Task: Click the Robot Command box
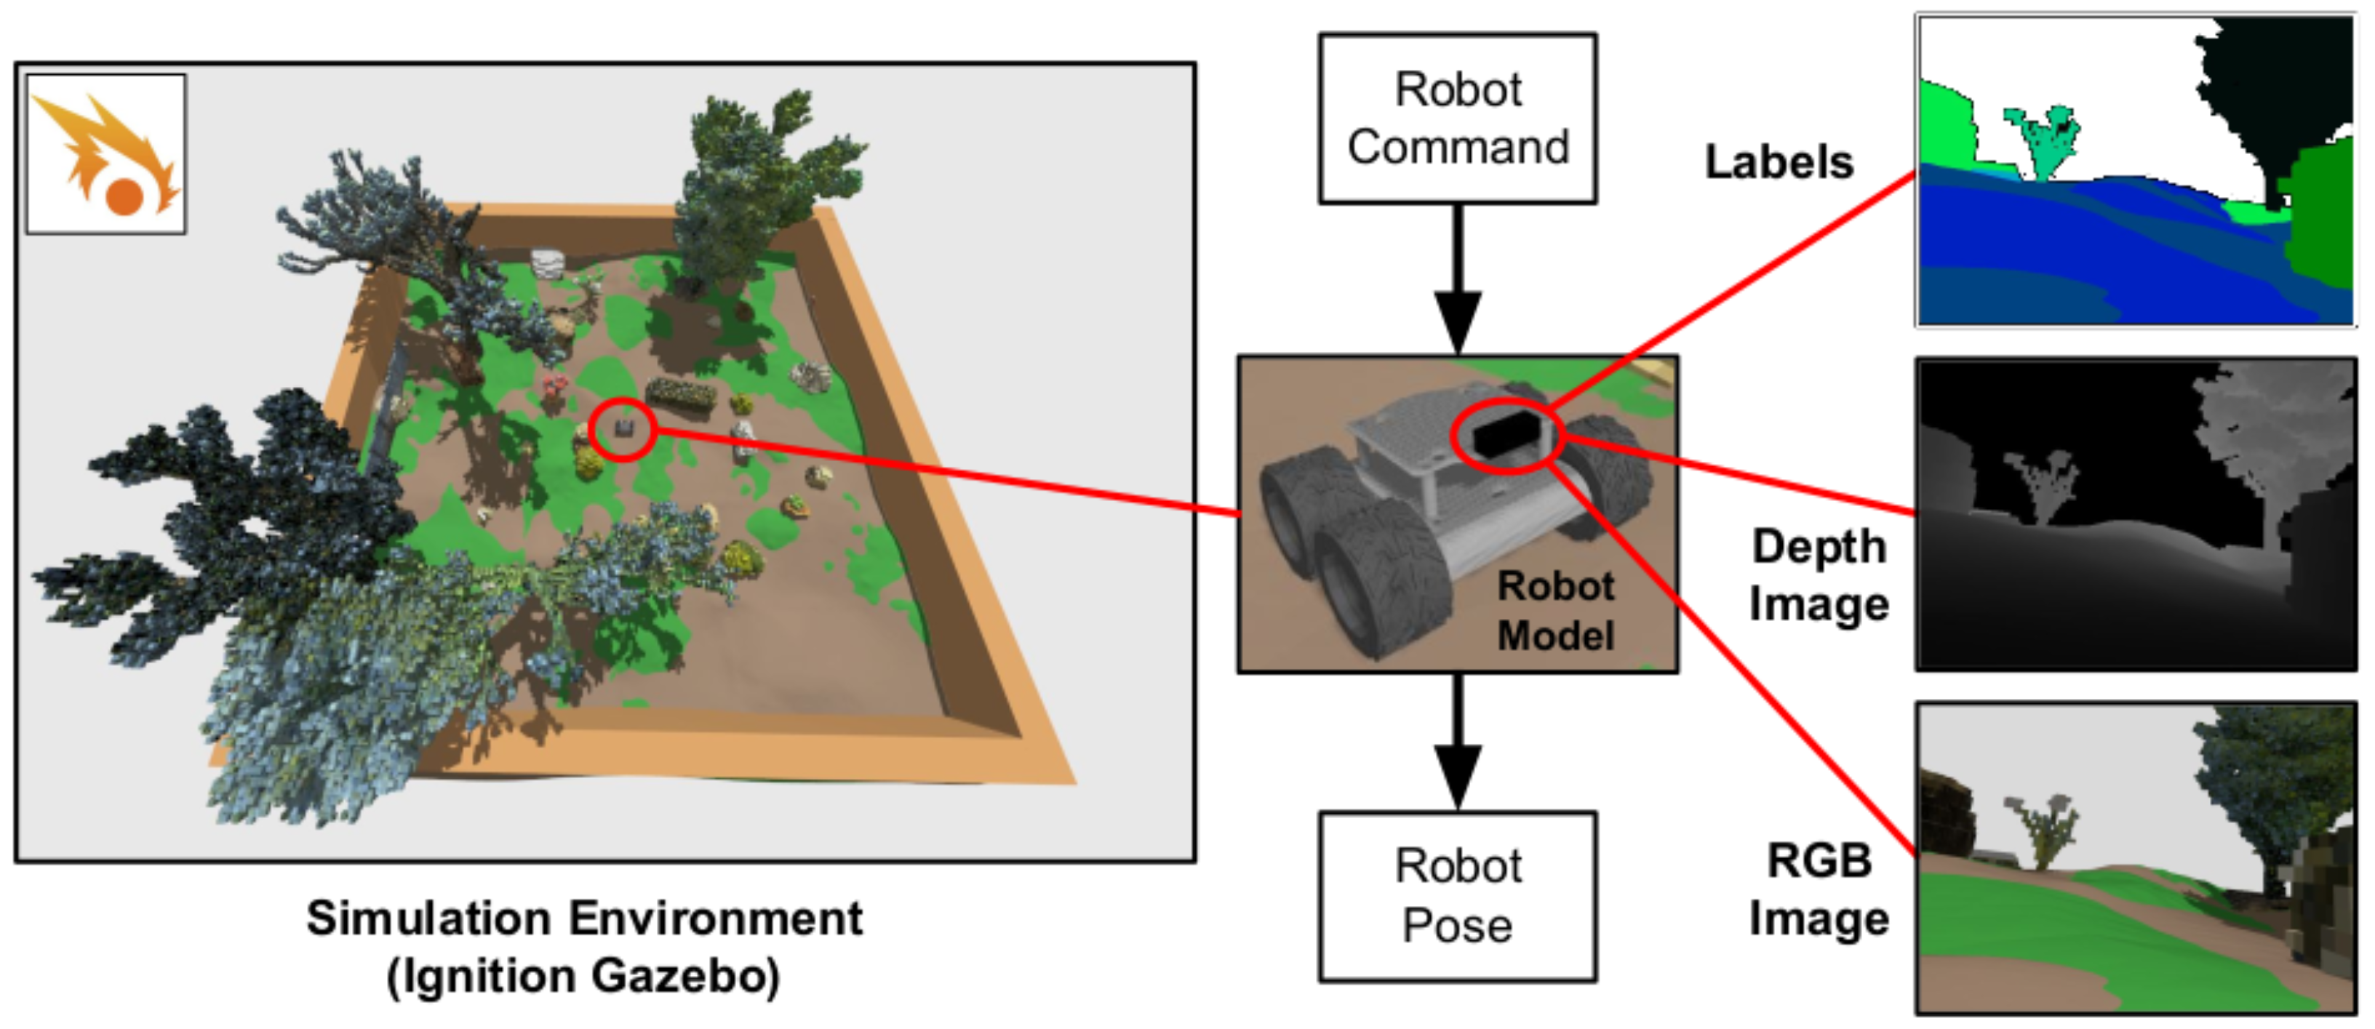1457,118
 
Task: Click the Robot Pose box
1457,895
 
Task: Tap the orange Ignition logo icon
106,154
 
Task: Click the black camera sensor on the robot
1506,434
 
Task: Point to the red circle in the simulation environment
623,429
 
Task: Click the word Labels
1779,162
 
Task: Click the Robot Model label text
1555,610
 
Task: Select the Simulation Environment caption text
585,918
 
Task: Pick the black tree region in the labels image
2268,92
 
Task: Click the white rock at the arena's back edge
548,263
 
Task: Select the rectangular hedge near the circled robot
682,395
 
